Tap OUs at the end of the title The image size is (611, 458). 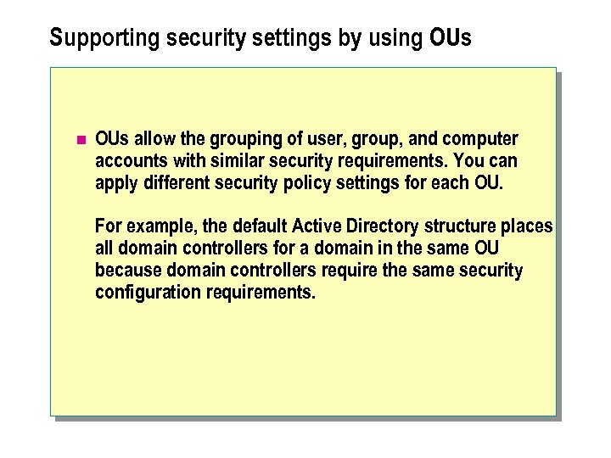click(x=450, y=38)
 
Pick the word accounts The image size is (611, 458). click(x=132, y=160)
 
